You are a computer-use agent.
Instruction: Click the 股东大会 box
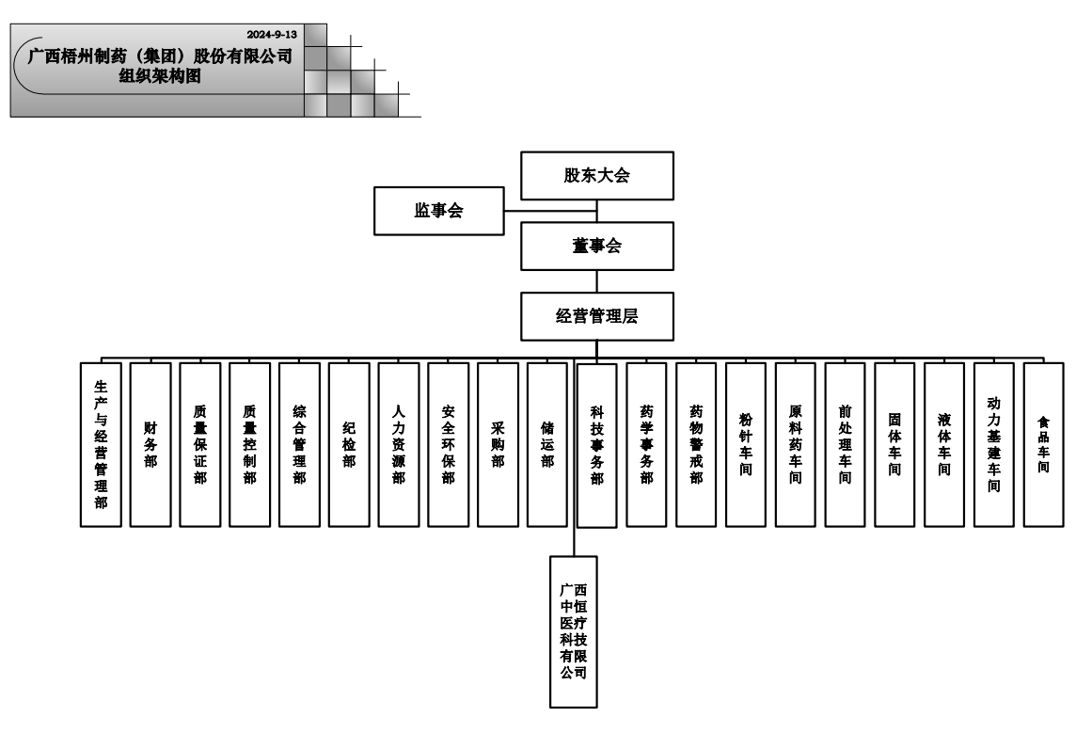pos(596,176)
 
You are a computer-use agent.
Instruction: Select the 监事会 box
pos(438,211)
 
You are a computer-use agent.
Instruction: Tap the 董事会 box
pos(596,247)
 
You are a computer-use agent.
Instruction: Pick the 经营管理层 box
pos(596,316)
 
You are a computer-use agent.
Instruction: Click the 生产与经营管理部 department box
pos(101,444)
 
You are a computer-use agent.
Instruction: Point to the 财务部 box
pos(150,444)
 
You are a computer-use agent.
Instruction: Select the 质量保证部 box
pos(200,444)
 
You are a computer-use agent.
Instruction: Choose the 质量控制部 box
pos(249,444)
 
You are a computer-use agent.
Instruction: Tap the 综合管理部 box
pos(299,444)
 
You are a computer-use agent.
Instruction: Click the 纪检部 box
pos(349,444)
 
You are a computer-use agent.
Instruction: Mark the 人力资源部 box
pos(399,444)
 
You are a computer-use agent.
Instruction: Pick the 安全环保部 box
pos(448,444)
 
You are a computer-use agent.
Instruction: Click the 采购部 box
pos(498,444)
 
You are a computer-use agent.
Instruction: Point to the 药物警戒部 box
pos(696,444)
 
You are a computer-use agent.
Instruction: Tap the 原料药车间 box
pos(796,444)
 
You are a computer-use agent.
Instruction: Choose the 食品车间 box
pos(1043,444)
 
